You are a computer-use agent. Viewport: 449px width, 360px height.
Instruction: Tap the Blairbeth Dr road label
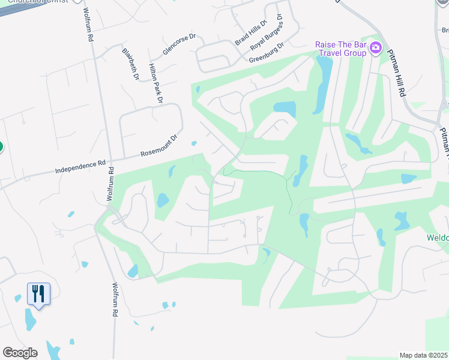pyautogui.click(x=130, y=64)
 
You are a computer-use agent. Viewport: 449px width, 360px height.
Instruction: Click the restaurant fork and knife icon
pyautogui.click(x=38, y=294)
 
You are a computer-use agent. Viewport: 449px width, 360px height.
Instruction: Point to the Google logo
pyautogui.click(x=20, y=353)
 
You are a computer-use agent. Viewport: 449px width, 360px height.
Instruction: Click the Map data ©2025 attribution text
pyautogui.click(x=424, y=355)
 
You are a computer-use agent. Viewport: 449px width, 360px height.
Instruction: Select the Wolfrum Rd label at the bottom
pyautogui.click(x=115, y=301)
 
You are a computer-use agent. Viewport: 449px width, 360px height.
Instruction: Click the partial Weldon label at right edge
pyautogui.click(x=437, y=238)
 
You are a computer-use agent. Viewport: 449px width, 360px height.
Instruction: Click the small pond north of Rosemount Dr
pyautogui.click(x=194, y=143)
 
